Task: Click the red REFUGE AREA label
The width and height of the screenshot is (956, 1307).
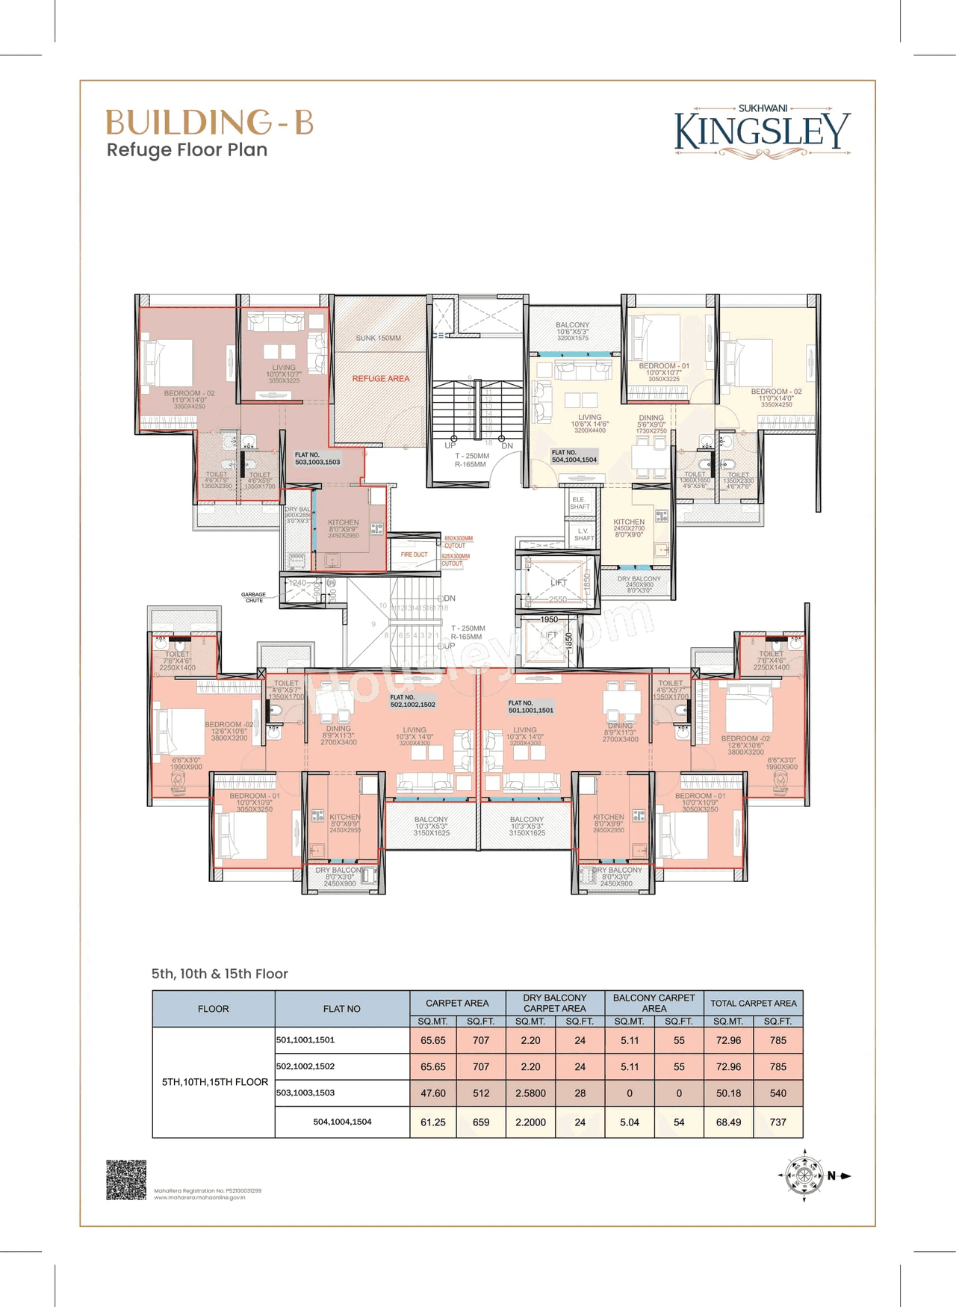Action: click(381, 378)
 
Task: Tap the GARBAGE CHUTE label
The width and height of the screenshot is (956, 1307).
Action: click(253, 597)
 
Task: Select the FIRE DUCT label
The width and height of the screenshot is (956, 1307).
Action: click(414, 554)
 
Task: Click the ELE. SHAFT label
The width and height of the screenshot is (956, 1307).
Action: click(580, 503)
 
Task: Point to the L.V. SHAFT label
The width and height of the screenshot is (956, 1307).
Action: click(584, 534)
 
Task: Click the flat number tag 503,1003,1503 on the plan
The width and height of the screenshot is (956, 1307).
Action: click(317, 458)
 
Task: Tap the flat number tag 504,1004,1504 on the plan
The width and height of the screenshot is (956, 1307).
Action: click(574, 456)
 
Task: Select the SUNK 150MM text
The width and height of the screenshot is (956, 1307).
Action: click(378, 338)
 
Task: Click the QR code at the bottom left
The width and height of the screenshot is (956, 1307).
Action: click(126, 1180)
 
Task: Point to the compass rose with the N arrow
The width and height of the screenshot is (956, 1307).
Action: click(805, 1175)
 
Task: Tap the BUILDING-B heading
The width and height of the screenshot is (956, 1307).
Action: click(209, 123)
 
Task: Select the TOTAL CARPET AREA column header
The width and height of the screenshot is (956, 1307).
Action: click(753, 1003)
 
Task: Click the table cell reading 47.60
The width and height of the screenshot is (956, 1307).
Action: click(433, 1093)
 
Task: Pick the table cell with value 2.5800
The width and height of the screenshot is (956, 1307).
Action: click(530, 1093)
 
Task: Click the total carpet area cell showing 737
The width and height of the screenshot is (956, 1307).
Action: click(778, 1122)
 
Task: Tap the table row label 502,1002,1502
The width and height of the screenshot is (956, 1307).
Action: click(305, 1066)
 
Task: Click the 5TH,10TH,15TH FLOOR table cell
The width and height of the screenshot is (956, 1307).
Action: click(214, 1081)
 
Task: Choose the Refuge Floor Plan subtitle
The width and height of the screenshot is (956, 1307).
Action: click(187, 150)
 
